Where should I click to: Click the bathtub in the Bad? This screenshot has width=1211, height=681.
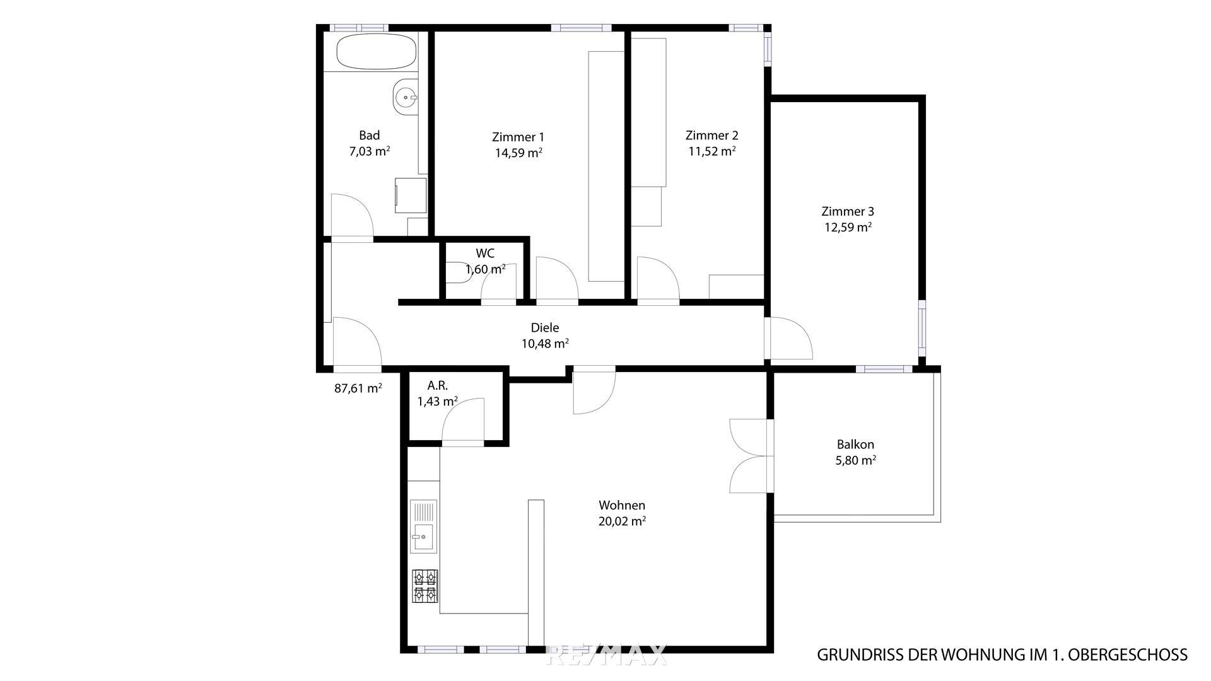pyautogui.click(x=377, y=51)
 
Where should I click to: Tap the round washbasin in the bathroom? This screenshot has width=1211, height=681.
pyautogui.click(x=404, y=98)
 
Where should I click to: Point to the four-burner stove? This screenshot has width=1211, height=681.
pyautogui.click(x=425, y=586)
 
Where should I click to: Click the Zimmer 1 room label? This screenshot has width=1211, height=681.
pyautogui.click(x=518, y=137)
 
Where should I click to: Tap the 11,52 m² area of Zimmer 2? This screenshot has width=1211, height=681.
pyautogui.click(x=711, y=151)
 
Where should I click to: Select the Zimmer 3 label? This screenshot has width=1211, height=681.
pyautogui.click(x=848, y=211)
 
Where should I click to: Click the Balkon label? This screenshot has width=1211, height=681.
pyautogui.click(x=855, y=445)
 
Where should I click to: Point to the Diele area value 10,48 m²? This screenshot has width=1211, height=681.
pyautogui.click(x=545, y=344)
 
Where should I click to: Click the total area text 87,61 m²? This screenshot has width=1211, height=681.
pyautogui.click(x=358, y=388)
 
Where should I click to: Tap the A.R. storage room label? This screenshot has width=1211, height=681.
pyautogui.click(x=438, y=385)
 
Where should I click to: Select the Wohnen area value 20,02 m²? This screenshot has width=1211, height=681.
pyautogui.click(x=622, y=521)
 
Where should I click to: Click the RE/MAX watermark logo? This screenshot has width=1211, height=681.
pyautogui.click(x=606, y=655)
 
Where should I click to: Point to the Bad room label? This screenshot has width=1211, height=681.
pyautogui.click(x=370, y=135)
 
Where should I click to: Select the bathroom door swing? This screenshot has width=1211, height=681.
pyautogui.click(x=352, y=216)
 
